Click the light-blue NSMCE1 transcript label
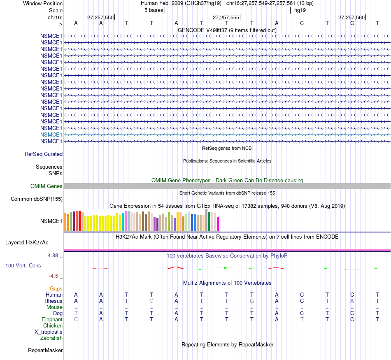(51, 135)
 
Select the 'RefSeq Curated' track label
(44, 154)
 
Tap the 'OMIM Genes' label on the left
(47, 186)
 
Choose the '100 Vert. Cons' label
(23, 266)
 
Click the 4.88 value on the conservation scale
(54, 255)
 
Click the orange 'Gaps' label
(56, 289)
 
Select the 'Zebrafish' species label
(51, 338)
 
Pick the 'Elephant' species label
(52, 320)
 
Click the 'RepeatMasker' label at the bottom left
(45, 351)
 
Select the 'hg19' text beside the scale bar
(300, 10)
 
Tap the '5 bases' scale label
(154, 10)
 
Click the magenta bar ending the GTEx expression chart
(218, 224)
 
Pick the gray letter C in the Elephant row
(76, 320)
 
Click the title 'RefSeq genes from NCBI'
(227, 148)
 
